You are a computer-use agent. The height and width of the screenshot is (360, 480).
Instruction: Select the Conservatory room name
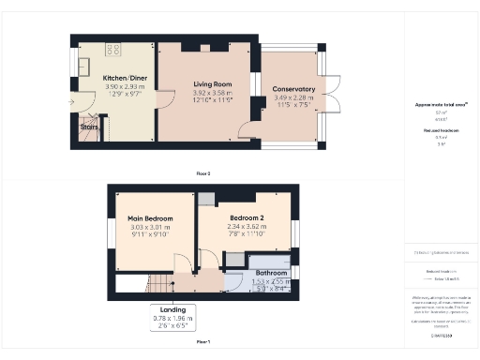[x=292, y=90]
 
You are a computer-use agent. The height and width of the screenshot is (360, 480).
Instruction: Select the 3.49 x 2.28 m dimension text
[x=292, y=98]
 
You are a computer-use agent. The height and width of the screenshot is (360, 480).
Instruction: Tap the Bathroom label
[x=272, y=273]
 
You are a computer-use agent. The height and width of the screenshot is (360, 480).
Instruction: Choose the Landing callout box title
[x=172, y=309]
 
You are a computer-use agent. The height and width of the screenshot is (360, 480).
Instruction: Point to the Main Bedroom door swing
[x=186, y=263]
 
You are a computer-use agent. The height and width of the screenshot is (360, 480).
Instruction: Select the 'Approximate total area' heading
[x=441, y=104]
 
